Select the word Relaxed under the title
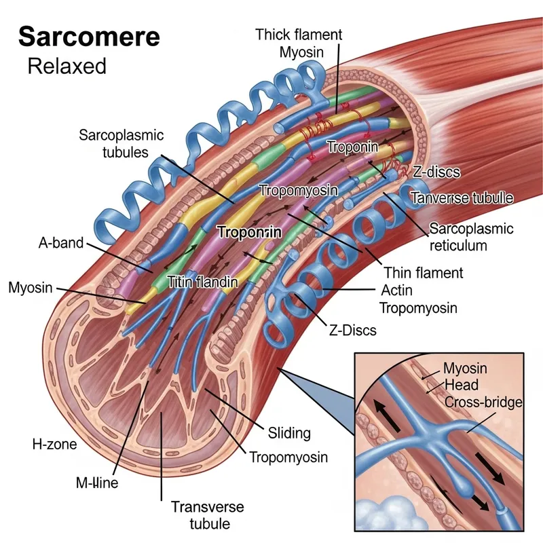click(x=67, y=66)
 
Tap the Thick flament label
click(x=299, y=34)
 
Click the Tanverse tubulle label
click(x=462, y=198)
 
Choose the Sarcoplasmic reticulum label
click(x=471, y=236)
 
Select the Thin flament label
click(x=424, y=273)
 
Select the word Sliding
click(x=289, y=432)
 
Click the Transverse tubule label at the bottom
click(x=201, y=515)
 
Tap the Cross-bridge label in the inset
click(x=483, y=402)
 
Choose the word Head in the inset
click(x=460, y=385)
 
